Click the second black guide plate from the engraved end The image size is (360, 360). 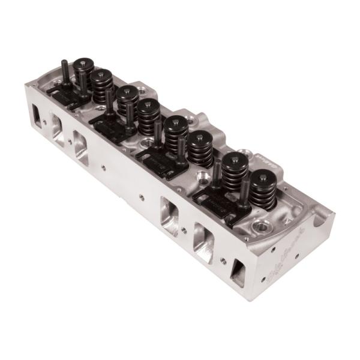point(161,159)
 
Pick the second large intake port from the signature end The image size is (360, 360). point(169,215)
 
